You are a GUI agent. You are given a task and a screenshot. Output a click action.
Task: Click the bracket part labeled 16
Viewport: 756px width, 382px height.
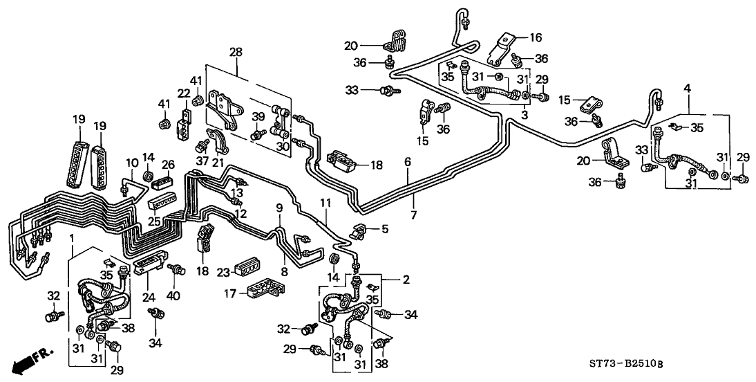503,47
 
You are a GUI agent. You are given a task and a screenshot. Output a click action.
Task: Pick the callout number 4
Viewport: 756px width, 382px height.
688,87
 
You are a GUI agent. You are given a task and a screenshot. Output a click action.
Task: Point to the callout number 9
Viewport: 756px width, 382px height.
279,206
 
